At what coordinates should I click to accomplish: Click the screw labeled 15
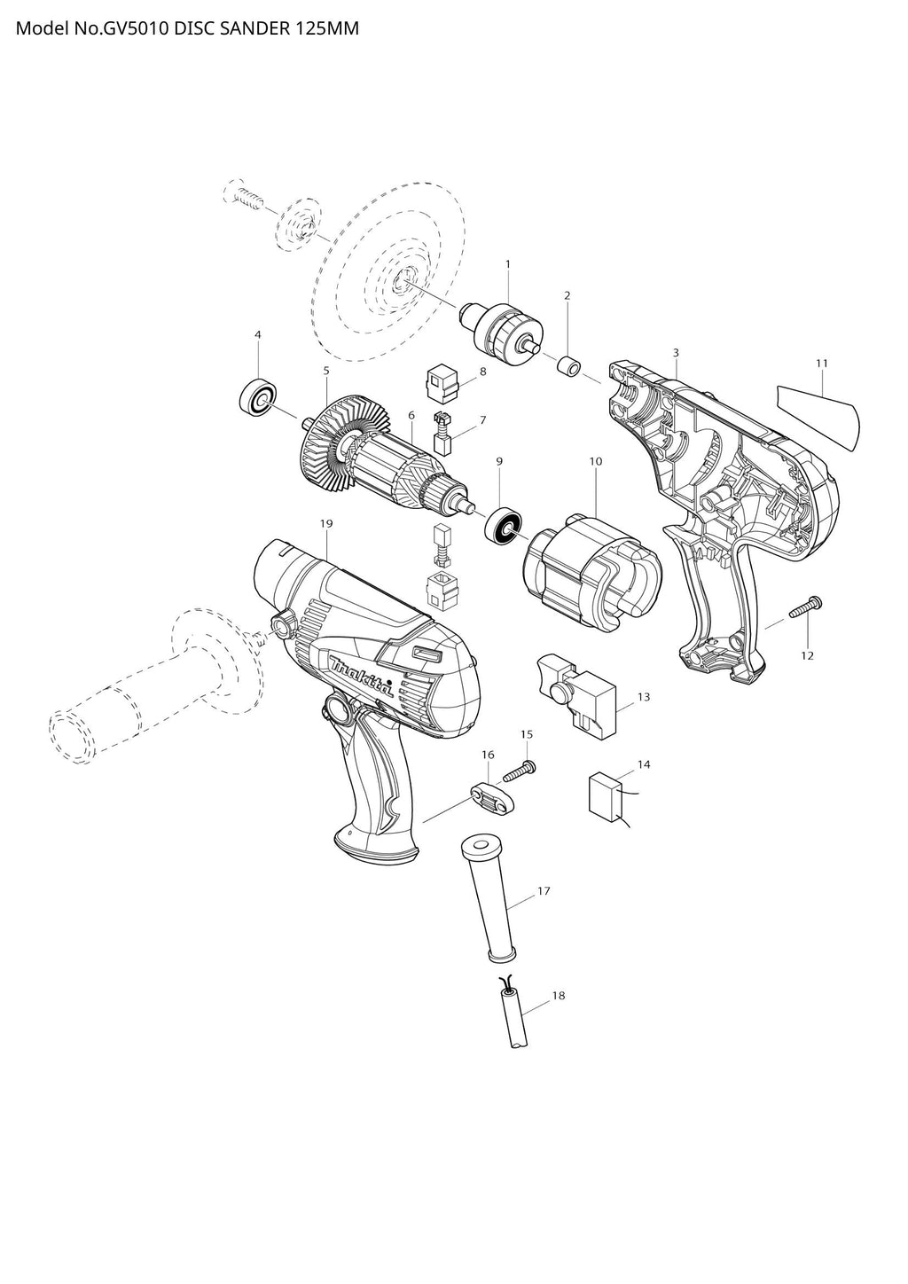tap(519, 771)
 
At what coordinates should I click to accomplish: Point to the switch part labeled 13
tap(576, 697)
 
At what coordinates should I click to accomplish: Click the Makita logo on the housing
tap(361, 675)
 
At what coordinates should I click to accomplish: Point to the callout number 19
tap(326, 523)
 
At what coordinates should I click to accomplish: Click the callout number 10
tap(596, 461)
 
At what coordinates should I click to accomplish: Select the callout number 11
tap(822, 363)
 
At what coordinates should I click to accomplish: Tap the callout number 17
tap(544, 891)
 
